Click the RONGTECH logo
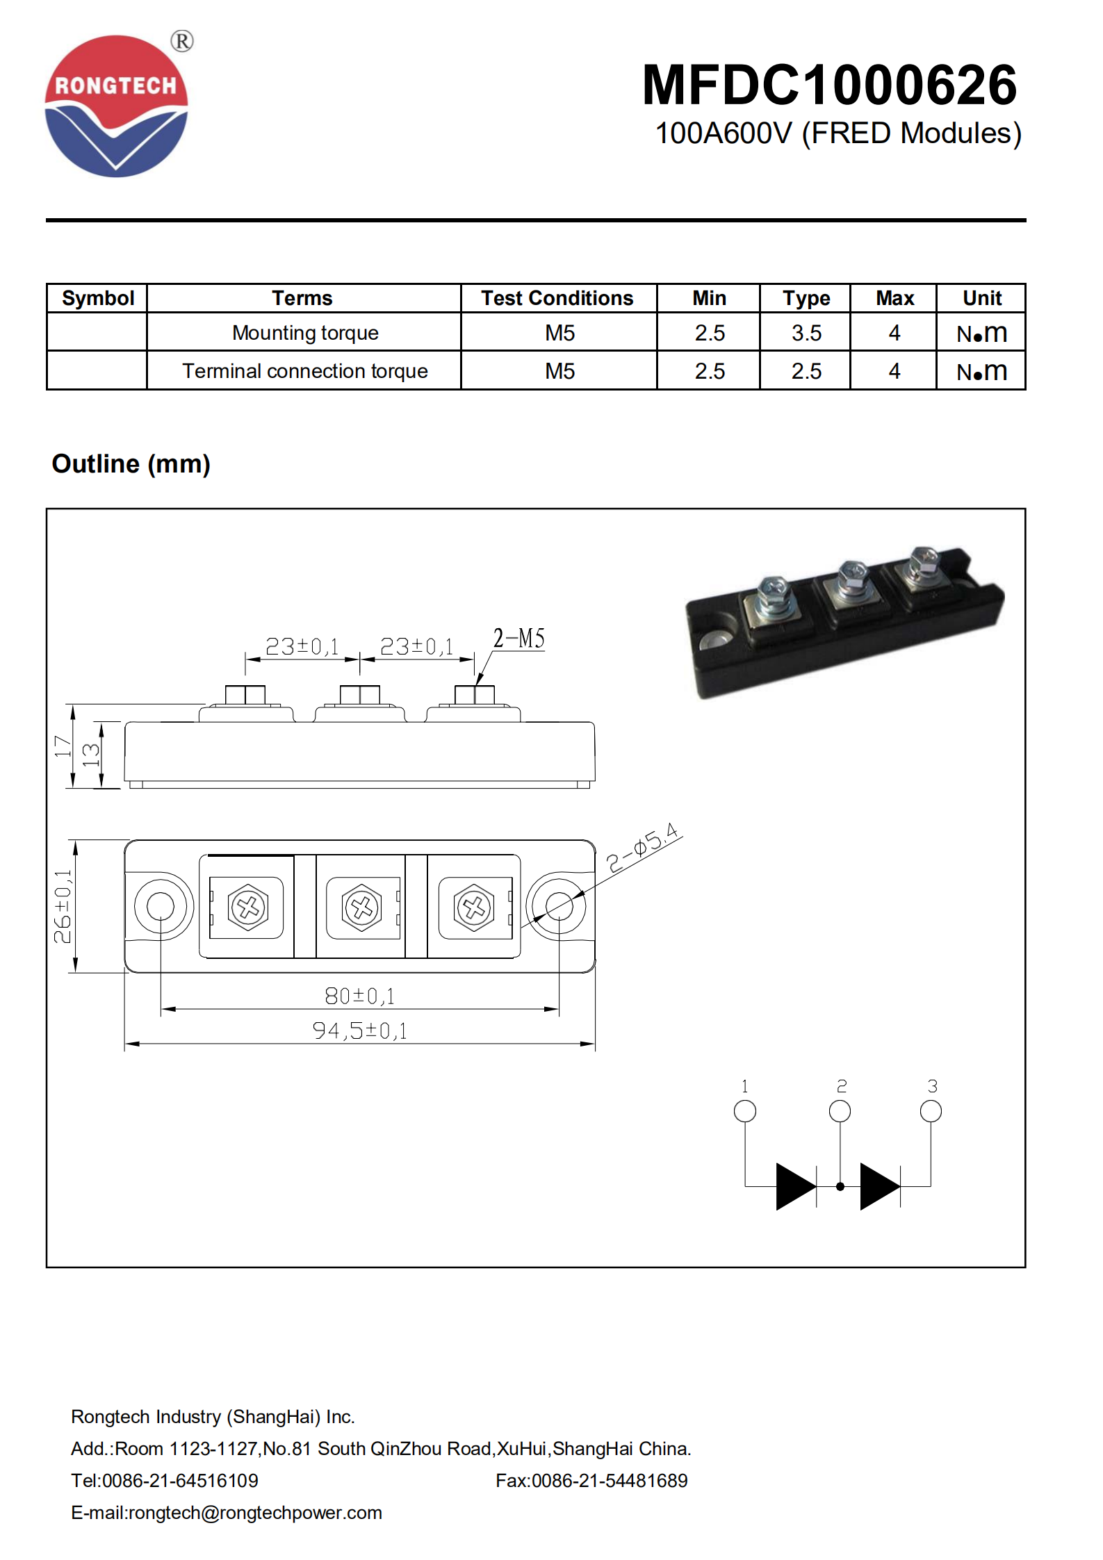pos(116,106)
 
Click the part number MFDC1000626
pos(829,85)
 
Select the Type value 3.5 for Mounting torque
pos(806,333)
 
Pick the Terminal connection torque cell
pos(304,371)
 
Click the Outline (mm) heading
pos(131,463)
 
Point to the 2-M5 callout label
pos(518,638)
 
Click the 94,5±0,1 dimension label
pos(359,1031)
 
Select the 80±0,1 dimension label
pos(359,996)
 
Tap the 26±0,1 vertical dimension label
pos(63,906)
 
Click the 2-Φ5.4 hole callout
pos(642,847)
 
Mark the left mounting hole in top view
pos(161,906)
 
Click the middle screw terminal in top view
pos(361,907)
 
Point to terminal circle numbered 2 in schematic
pos(840,1111)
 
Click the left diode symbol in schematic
pos(796,1186)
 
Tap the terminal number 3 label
pos(932,1086)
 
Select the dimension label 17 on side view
pos(63,746)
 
